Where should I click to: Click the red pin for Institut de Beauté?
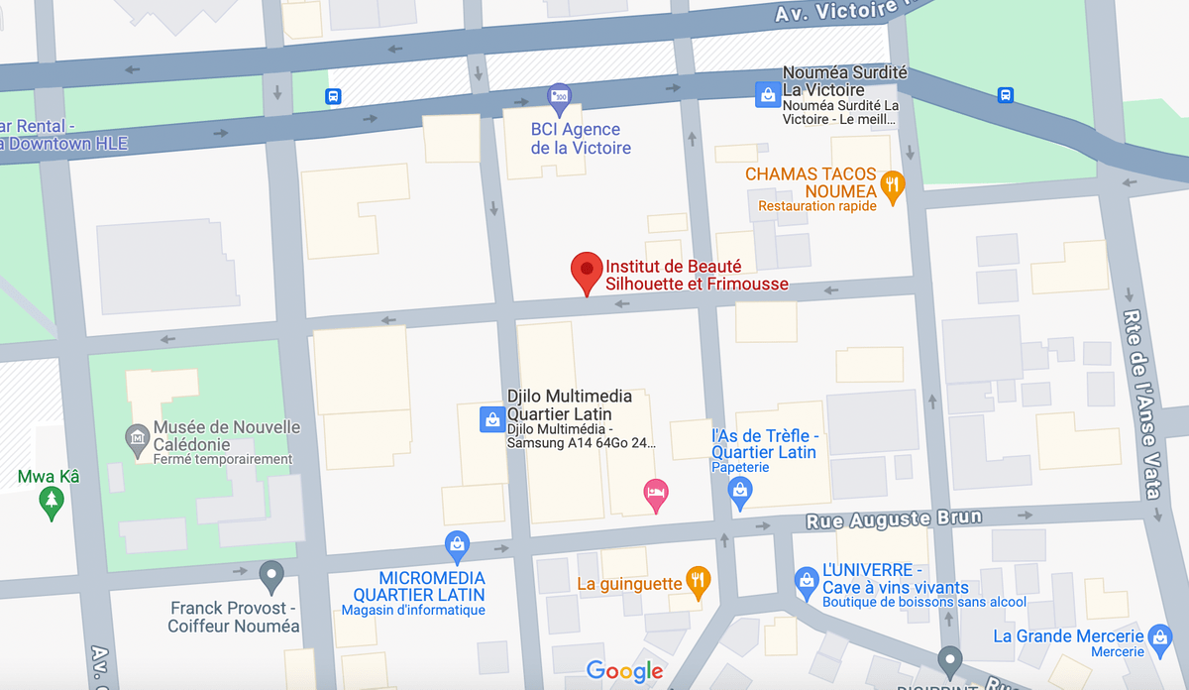pyautogui.click(x=587, y=271)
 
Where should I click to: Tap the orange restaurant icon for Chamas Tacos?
pyautogui.click(x=893, y=185)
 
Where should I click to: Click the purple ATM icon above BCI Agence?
pyautogui.click(x=560, y=96)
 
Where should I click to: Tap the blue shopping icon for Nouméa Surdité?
pyautogui.click(x=766, y=94)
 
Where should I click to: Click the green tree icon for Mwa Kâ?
pyautogui.click(x=50, y=503)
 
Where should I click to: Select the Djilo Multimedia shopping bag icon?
pyautogui.click(x=490, y=419)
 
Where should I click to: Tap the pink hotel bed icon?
pyautogui.click(x=655, y=494)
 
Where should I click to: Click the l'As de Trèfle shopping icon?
pyautogui.click(x=739, y=490)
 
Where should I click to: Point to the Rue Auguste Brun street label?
pyautogui.click(x=894, y=518)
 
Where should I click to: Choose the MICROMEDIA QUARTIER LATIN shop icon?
pyautogui.click(x=457, y=543)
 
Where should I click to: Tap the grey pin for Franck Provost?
pyautogui.click(x=270, y=574)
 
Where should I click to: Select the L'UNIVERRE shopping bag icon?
pyautogui.click(x=807, y=578)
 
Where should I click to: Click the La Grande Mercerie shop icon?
pyautogui.click(x=1159, y=635)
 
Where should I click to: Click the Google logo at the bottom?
pyautogui.click(x=624, y=671)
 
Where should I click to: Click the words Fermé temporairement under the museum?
pyautogui.click(x=223, y=460)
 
